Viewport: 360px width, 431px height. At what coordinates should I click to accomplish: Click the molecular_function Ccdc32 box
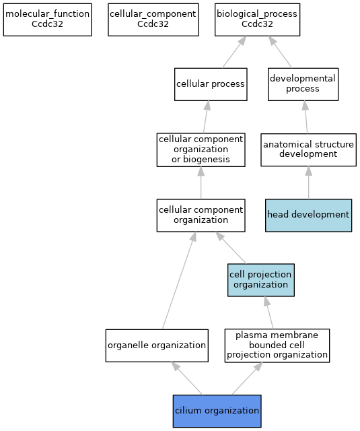tap(48, 20)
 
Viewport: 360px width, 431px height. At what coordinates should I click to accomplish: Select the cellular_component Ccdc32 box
tap(153, 20)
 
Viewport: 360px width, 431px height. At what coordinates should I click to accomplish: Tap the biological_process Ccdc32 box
tap(257, 20)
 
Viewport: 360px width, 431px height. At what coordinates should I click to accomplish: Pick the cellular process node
tap(211, 84)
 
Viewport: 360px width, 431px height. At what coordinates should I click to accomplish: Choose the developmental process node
tap(303, 84)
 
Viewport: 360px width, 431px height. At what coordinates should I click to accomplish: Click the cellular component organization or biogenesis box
tap(201, 150)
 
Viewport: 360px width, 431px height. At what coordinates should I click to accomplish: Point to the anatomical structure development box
tap(308, 150)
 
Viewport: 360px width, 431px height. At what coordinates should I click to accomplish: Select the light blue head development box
tap(308, 215)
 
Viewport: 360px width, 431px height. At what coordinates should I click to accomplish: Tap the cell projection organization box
tap(261, 280)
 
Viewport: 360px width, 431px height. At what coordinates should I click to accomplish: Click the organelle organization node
tap(157, 345)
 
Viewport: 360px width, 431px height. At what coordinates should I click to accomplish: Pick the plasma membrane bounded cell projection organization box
tap(277, 345)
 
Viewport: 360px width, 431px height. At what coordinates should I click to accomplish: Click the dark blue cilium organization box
tap(217, 411)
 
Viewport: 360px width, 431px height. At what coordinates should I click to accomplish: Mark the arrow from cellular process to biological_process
tap(234, 52)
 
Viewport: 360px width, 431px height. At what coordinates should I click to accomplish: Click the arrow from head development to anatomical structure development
tap(309, 183)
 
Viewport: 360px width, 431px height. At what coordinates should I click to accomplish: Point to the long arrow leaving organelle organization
tap(179, 280)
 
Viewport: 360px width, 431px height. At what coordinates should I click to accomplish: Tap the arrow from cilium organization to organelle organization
tap(187, 378)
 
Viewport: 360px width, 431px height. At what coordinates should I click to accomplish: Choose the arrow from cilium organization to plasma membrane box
tap(247, 378)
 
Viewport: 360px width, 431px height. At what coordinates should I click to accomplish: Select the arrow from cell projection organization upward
tap(231, 248)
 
